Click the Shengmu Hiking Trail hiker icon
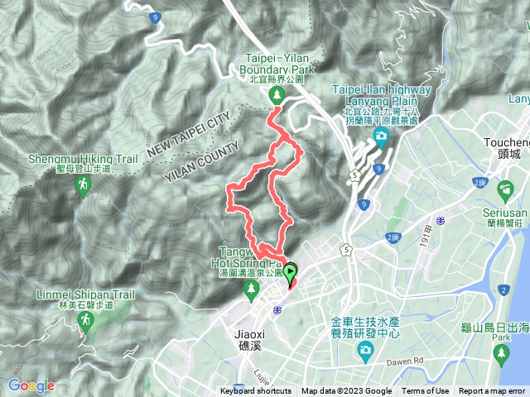pyautogui.click(x=82, y=187)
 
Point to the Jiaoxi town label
pyautogui.click(x=242, y=336)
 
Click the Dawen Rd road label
pyautogui.click(x=430, y=361)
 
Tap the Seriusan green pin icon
pyautogui.click(x=505, y=191)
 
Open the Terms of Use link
pyautogui.click(x=426, y=391)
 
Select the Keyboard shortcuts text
pyautogui.click(x=255, y=391)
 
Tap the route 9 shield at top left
pyautogui.click(x=155, y=16)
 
